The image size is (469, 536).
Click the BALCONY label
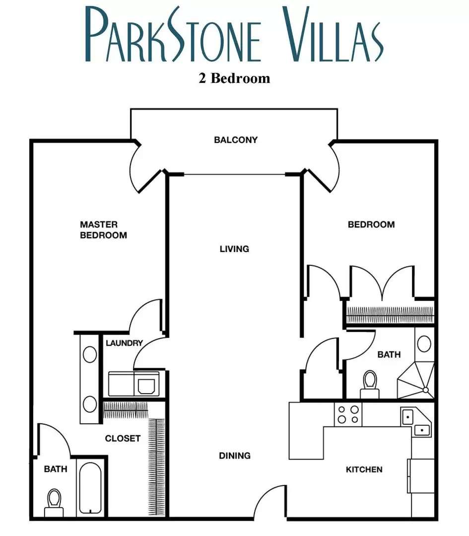pyautogui.click(x=236, y=140)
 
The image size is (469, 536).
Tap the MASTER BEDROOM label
pyautogui.click(x=103, y=230)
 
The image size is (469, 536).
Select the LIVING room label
pyautogui.click(x=234, y=249)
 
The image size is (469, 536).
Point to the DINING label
pyautogui.click(x=234, y=455)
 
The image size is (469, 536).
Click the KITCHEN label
pyautogui.click(x=364, y=469)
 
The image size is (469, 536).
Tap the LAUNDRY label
pyautogui.click(x=124, y=343)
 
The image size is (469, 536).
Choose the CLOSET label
pyautogui.click(x=123, y=438)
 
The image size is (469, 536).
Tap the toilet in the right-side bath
pyautogui.click(x=370, y=384)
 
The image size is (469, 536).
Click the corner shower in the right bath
pyautogui.click(x=416, y=381)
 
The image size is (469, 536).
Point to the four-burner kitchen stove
pyautogui.click(x=348, y=414)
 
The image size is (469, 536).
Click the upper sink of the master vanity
pyautogui.click(x=89, y=354)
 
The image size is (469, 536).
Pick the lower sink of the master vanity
pyautogui.click(x=89, y=404)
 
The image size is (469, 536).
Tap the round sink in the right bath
pyautogui.click(x=424, y=344)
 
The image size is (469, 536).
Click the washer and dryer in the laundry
pyautogui.click(x=134, y=384)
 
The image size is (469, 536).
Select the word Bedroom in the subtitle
pyautogui.click(x=240, y=78)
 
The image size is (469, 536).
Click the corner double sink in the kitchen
pyautogui.click(x=416, y=422)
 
